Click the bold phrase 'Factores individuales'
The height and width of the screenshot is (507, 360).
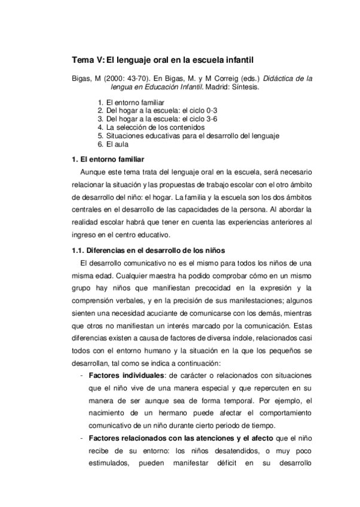pyautogui.click(x=126, y=375)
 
